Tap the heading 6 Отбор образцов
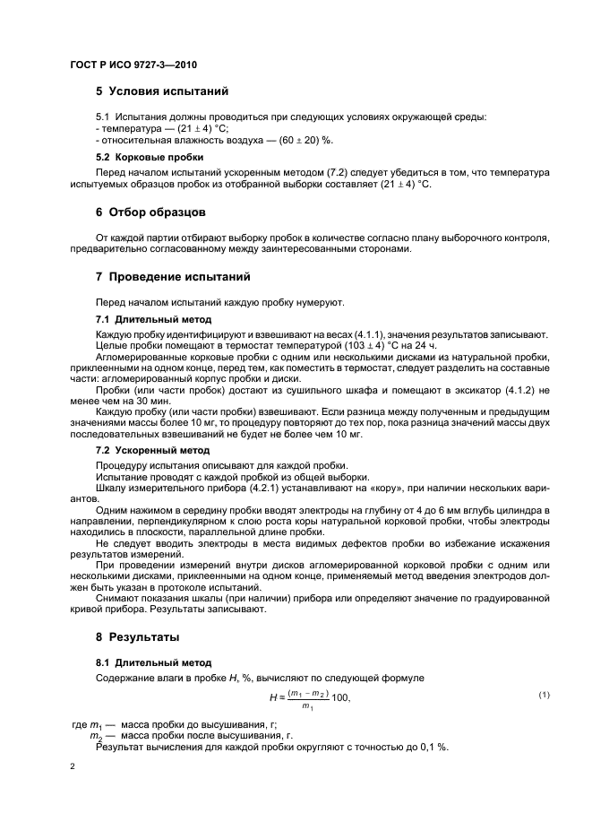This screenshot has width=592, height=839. coord(150,212)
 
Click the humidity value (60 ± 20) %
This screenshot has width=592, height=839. coord(304,141)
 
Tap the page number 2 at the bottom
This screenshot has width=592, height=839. coord(73,767)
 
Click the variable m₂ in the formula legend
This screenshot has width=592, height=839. coord(97,736)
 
